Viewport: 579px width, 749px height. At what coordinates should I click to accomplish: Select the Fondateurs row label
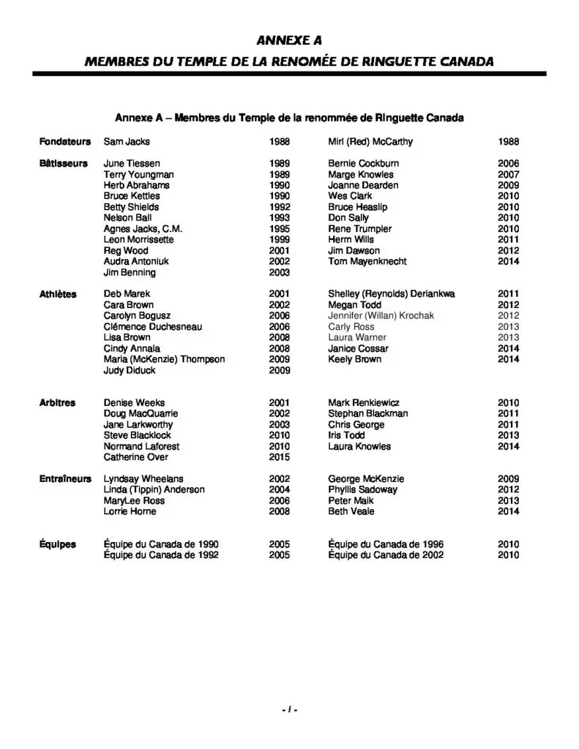65,141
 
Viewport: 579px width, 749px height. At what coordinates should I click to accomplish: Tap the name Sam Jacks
127,141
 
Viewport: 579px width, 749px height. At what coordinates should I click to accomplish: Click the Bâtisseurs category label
64,164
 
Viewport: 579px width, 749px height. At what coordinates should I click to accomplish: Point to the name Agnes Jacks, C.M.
143,229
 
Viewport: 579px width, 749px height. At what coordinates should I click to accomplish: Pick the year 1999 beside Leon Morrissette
280,240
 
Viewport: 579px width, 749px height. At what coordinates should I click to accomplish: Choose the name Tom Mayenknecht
367,262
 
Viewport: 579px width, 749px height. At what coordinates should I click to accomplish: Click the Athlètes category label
58,294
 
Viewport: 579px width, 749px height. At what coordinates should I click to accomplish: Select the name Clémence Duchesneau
152,327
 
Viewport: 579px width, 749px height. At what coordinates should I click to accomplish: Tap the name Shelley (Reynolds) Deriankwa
391,294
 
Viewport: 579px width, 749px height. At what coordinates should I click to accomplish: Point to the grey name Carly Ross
351,327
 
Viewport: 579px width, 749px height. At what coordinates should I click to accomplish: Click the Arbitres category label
57,403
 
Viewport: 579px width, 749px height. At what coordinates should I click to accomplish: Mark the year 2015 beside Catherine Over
280,457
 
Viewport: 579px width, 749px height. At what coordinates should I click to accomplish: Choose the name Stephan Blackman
367,414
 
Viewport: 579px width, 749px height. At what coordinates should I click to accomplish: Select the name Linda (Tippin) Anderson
154,490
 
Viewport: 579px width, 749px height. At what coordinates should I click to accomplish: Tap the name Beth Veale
351,511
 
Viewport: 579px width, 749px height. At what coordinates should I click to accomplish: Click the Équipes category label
58,545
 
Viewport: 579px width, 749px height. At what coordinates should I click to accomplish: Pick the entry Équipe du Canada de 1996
385,545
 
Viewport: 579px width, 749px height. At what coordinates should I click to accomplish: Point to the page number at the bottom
289,710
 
